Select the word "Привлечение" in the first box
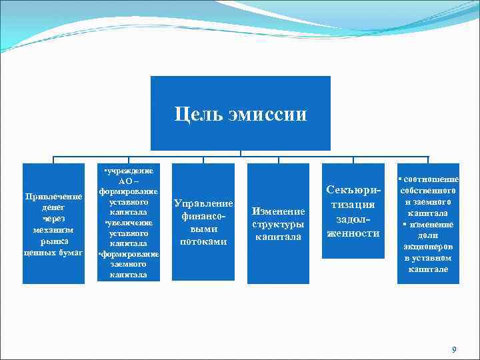(53, 197)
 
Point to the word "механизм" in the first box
(53, 230)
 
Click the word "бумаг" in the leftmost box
(70, 253)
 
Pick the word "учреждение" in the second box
(131, 171)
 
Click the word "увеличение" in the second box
(131, 223)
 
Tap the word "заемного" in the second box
(129, 264)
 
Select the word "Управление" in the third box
(203, 203)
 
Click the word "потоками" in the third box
(203, 241)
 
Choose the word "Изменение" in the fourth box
(278, 211)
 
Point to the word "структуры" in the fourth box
(278, 224)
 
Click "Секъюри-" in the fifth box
(353, 190)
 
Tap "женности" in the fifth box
(353, 233)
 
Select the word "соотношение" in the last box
(430, 179)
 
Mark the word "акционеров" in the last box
(428, 247)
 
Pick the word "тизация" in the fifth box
(353, 204)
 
